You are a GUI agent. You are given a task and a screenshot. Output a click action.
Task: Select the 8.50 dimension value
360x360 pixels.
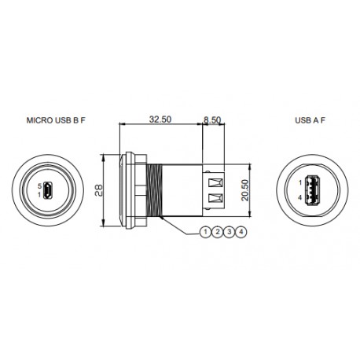pyautogui.click(x=213, y=120)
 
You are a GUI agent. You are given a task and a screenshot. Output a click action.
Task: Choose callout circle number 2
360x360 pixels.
pyautogui.click(x=218, y=232)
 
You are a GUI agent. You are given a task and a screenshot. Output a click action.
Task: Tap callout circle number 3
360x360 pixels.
pyautogui.click(x=230, y=232)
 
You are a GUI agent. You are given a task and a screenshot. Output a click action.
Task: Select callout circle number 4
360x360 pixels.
pyautogui.click(x=241, y=232)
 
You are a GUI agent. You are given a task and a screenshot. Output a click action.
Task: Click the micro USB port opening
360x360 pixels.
pyautogui.click(x=49, y=190)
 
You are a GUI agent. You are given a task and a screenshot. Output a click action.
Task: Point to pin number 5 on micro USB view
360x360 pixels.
pyautogui.click(x=39, y=186)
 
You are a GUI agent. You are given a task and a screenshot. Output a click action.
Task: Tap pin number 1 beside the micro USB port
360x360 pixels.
pyautogui.click(x=39, y=194)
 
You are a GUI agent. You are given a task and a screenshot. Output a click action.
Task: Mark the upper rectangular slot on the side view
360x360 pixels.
pyautogui.click(x=213, y=180)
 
